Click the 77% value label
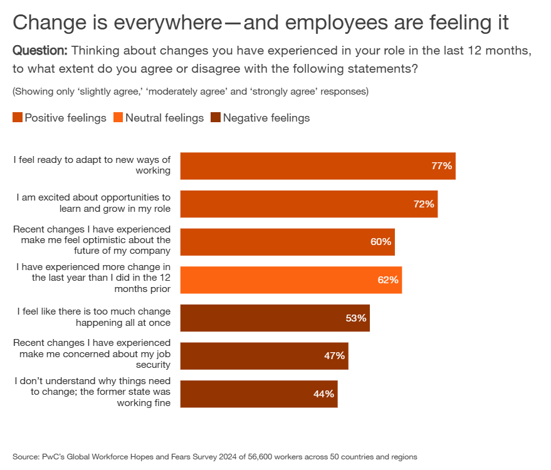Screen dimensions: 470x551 point(441,166)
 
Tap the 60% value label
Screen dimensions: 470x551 point(380,242)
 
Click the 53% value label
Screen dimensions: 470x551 point(355,318)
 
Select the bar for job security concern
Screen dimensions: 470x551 point(264,356)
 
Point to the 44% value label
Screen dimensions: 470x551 point(323,394)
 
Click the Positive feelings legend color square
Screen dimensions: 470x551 point(18,118)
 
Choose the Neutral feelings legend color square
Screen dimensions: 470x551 point(118,118)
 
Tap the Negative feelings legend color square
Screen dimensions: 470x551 point(216,118)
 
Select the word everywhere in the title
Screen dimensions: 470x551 point(168,23)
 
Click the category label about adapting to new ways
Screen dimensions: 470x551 point(92,165)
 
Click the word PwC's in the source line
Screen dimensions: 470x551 point(54,457)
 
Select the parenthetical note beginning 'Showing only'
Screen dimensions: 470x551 point(190,91)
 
